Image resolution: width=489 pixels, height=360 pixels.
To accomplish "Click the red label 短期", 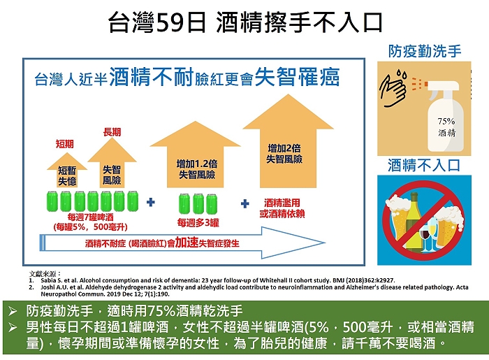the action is [x=65, y=144].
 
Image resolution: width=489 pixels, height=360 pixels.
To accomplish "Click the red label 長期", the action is [x=112, y=132].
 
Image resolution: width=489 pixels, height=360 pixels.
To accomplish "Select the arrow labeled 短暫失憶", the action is [x=67, y=170].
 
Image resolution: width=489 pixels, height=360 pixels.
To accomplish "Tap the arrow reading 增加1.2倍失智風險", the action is [x=195, y=154].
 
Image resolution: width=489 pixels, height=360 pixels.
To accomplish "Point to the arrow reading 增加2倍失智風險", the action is [x=288, y=141].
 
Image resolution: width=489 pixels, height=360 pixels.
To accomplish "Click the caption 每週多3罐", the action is [x=198, y=222].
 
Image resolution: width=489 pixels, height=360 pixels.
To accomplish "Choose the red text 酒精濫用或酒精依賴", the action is [x=282, y=208].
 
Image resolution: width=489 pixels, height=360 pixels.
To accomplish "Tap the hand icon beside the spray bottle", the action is [x=393, y=89].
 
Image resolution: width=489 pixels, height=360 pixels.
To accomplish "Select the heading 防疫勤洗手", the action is [x=425, y=51].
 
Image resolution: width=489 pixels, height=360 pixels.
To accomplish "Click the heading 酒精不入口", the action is [x=424, y=165].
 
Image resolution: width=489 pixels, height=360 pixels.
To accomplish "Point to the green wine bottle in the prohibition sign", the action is [x=414, y=221].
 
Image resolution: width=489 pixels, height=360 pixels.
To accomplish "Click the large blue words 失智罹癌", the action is [x=297, y=77].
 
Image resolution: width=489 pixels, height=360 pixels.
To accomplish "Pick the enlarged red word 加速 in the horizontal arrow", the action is [x=187, y=243].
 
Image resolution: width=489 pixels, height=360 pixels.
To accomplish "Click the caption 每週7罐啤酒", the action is [x=90, y=217].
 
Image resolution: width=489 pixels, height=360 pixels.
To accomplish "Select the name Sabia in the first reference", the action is [x=47, y=280].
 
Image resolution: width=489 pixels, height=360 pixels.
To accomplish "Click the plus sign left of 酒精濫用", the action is [x=245, y=203].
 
